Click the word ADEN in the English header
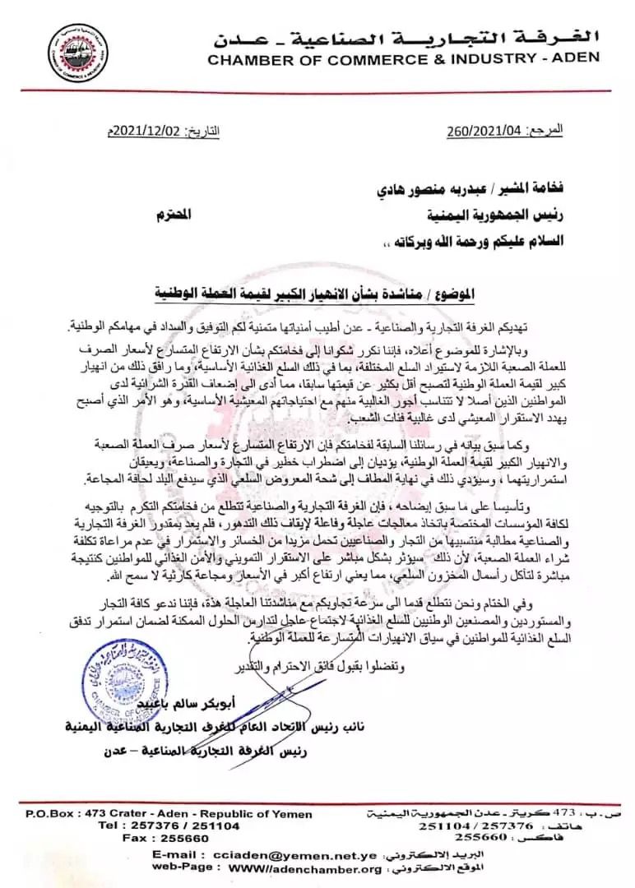point(575,58)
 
